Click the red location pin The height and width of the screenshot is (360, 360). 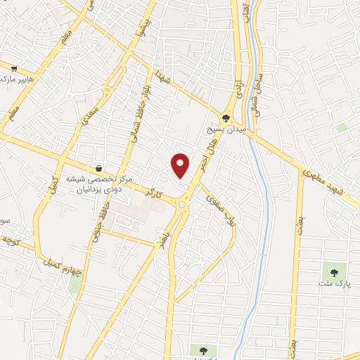(x=181, y=165)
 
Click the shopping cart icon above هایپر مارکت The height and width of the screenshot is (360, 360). (x=14, y=68)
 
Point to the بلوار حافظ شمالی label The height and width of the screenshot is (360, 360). (x=131, y=116)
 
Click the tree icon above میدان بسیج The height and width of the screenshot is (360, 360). (x=226, y=119)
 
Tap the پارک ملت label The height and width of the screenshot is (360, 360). (x=336, y=284)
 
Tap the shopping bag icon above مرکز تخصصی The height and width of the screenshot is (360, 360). (x=99, y=168)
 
